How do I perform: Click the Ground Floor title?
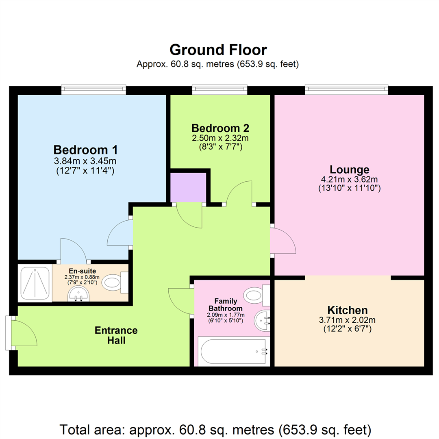click(218, 50)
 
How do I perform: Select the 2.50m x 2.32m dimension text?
click(220, 139)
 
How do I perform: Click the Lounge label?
click(349, 169)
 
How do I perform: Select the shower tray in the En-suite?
click(35, 283)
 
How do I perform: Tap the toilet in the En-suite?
click(113, 283)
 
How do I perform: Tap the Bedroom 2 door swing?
click(240, 192)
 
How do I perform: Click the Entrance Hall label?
click(116, 335)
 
